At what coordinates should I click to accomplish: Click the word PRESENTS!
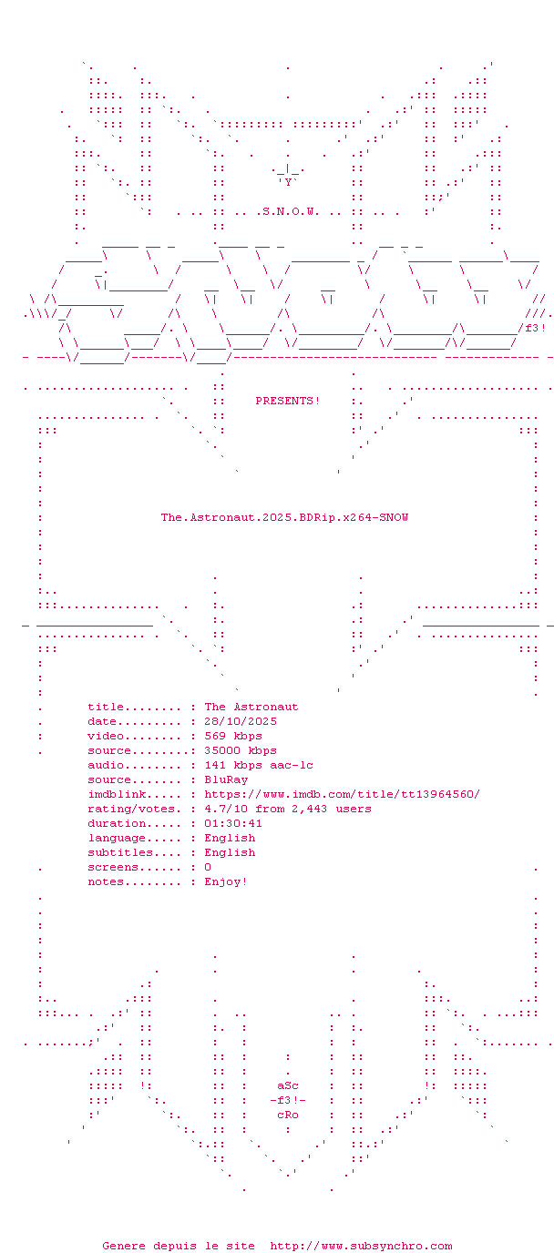tap(288, 401)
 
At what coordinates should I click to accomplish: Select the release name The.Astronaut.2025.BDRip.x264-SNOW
tap(284, 517)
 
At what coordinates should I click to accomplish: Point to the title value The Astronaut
tap(251, 707)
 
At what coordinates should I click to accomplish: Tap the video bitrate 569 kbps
tap(233, 736)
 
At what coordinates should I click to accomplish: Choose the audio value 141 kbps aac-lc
tap(259, 765)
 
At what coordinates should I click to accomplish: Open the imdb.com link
tap(343, 794)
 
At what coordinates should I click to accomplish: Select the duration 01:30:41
tap(233, 823)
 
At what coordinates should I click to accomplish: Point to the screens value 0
tap(208, 867)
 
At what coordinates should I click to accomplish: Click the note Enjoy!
tap(226, 881)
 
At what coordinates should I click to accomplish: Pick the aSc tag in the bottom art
tap(288, 1085)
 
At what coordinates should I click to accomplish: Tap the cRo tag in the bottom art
tap(288, 1115)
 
